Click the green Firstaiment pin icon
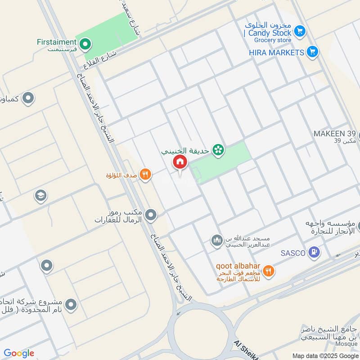point(85,44)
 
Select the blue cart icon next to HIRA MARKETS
point(312,52)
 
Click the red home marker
point(180,162)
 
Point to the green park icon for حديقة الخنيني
point(219,150)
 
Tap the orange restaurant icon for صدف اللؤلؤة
point(145,175)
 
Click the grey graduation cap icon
point(40,196)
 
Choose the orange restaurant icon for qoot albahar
point(269,271)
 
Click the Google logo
point(19,353)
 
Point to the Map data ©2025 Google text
point(325,355)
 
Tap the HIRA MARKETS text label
point(276,53)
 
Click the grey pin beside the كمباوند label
point(28,97)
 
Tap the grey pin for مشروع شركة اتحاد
point(71,306)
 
